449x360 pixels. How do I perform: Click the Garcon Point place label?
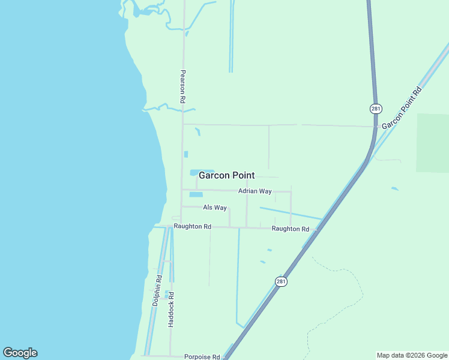click(x=226, y=176)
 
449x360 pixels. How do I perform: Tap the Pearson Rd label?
click(x=182, y=86)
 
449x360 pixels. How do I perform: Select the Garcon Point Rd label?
click(x=402, y=108)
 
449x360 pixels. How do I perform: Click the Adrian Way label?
click(x=255, y=191)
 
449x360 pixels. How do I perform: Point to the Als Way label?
click(x=215, y=208)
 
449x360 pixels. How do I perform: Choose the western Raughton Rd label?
click(x=192, y=227)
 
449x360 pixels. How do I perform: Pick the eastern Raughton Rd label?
click(x=290, y=229)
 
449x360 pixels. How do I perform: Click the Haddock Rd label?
click(x=171, y=309)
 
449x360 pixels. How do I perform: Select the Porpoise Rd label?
click(x=202, y=356)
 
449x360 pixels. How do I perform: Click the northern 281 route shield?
click(x=376, y=109)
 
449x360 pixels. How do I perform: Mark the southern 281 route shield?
click(x=281, y=281)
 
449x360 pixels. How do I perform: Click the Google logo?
click(x=20, y=353)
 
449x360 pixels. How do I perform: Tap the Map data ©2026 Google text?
click(x=412, y=355)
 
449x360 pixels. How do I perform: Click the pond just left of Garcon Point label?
click(x=194, y=173)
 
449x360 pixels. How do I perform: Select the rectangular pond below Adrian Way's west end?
click(x=196, y=194)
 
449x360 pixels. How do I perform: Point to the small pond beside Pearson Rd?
click(x=186, y=154)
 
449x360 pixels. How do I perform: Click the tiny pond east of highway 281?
click(x=394, y=189)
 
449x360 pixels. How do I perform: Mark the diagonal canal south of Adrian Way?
click(x=291, y=213)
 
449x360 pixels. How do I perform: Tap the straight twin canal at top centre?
click(x=231, y=36)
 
